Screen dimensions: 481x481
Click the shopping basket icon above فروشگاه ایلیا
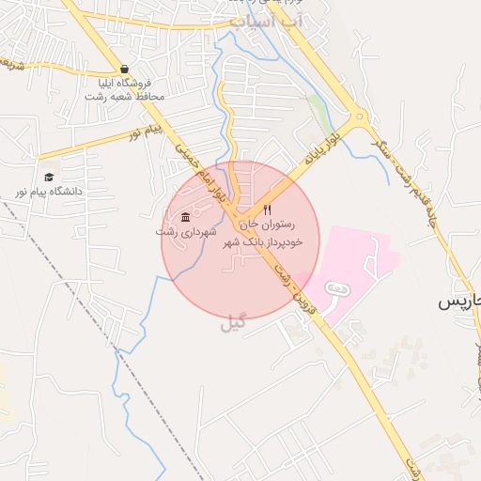click(125, 70)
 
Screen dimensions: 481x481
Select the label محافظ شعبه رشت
click(130, 97)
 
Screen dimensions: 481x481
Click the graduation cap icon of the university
click(49, 177)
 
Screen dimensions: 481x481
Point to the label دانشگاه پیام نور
click(48, 191)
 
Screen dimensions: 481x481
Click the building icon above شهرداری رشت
click(185, 218)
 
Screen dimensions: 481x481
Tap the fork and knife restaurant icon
click(268, 209)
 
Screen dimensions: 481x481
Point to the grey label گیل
click(232, 325)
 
